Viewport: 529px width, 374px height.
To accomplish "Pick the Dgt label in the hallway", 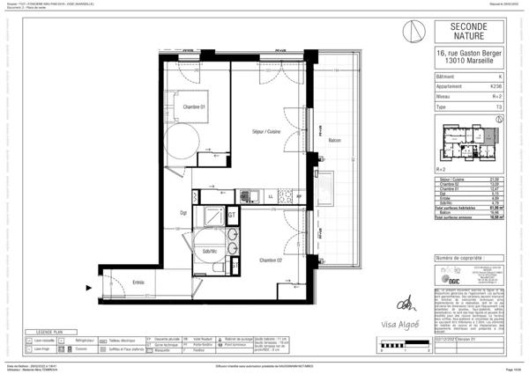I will click(184, 212).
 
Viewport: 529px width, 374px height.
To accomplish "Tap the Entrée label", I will click(138, 282).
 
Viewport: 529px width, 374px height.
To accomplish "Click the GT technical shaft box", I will click(231, 214).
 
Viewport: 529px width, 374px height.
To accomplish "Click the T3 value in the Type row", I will click(499, 106).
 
